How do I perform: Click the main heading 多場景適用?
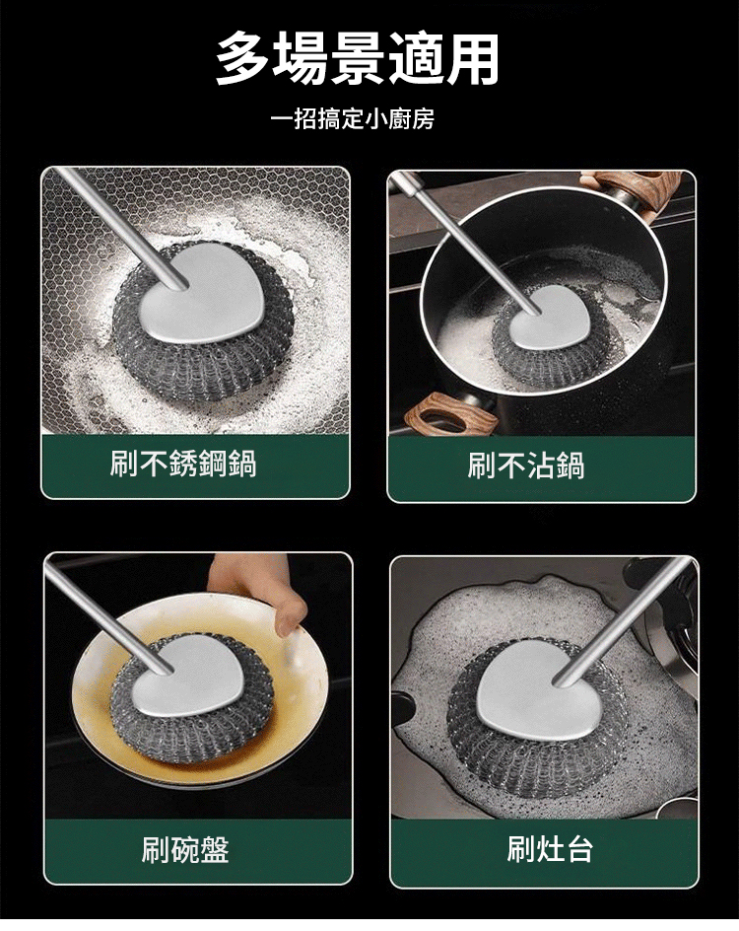(358, 59)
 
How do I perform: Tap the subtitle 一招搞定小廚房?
(353, 119)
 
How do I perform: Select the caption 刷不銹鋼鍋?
(183, 464)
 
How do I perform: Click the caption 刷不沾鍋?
(526, 465)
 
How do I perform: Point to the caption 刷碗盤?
(185, 850)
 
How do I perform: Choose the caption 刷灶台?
(550, 849)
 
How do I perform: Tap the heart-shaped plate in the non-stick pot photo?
(548, 318)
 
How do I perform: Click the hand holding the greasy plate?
(261, 588)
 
